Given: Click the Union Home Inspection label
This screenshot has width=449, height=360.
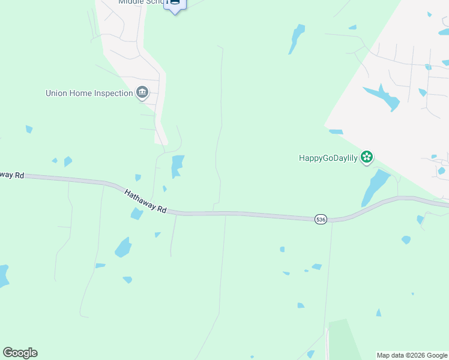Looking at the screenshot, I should point(89,93).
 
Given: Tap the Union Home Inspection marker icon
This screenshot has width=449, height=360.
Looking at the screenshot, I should point(142,92).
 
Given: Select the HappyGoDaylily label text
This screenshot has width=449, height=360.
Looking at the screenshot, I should point(328,158).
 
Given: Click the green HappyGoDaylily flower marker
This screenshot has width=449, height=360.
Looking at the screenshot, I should point(367,158).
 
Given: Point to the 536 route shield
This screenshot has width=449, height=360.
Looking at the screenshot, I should point(321,220).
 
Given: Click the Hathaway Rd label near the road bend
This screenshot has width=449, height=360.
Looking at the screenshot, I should point(145,202).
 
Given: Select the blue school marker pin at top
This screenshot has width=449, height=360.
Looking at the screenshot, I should point(175,4).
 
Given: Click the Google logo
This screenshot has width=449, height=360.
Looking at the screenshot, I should point(20,353).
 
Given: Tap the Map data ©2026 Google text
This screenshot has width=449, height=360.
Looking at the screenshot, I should point(412,355).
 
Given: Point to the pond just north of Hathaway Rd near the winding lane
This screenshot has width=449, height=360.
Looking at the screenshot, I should point(177,165).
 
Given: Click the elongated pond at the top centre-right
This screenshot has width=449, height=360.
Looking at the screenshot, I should point(297,37).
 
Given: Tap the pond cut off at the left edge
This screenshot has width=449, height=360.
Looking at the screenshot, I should point(3,275).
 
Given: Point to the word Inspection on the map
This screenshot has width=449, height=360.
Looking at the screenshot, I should point(112,93).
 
